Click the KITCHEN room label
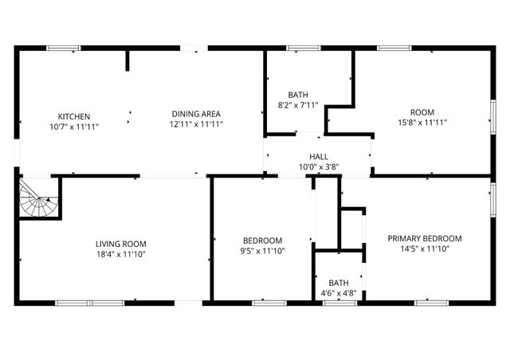pos(73,115)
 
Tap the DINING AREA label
pos(196,114)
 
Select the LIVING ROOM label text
pos(121,244)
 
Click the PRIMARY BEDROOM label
pos(425,238)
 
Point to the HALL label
pos(319,157)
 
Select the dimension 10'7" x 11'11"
pos(73,126)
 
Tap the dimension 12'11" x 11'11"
pos(196,124)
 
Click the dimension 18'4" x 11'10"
pos(121,254)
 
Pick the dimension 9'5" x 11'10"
pos(263,251)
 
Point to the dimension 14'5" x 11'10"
pos(425,248)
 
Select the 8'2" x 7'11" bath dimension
pos(298,105)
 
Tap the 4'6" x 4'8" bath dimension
pos(339,293)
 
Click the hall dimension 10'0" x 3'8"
pos(319,167)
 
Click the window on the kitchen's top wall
pos(63,49)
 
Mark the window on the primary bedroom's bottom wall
pos(428,303)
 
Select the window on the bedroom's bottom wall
pos(269,303)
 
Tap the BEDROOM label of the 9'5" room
pos(263,241)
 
